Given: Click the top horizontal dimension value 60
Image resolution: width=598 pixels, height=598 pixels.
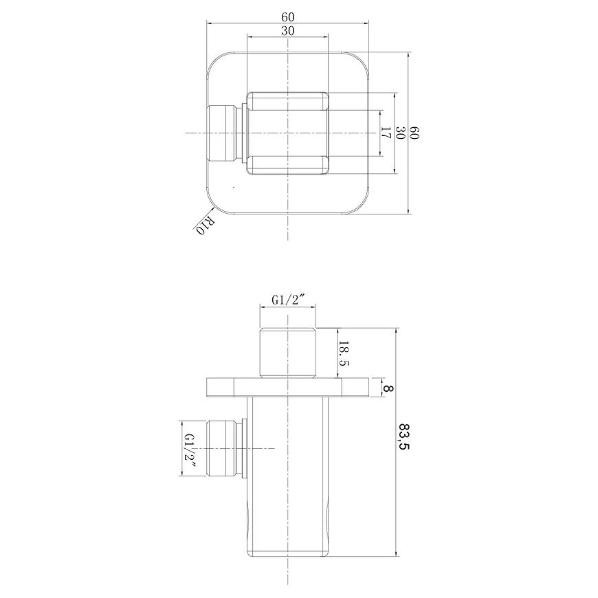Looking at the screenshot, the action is pyautogui.click(x=288, y=17).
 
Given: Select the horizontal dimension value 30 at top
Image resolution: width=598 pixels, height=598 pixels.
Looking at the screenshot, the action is pyautogui.click(x=288, y=31).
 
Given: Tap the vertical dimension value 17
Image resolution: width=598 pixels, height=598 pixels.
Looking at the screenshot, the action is pyautogui.click(x=386, y=133).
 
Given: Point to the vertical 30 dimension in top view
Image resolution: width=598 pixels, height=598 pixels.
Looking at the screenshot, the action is pyautogui.click(x=400, y=133).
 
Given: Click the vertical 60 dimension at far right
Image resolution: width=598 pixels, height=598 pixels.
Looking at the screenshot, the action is pyautogui.click(x=414, y=133).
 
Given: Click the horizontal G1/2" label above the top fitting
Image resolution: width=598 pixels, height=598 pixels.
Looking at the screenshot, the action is pyautogui.click(x=287, y=300).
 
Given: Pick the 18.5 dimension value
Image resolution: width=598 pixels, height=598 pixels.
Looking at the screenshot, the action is pyautogui.click(x=344, y=353).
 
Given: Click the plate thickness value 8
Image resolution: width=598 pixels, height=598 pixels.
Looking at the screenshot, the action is pyautogui.click(x=388, y=388).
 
